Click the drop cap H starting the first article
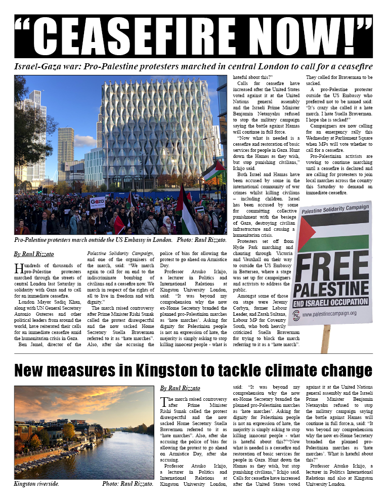pos(18,268)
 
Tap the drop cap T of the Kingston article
pos(164,402)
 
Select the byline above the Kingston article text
pos(180,388)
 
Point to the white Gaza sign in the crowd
pos(98,202)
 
